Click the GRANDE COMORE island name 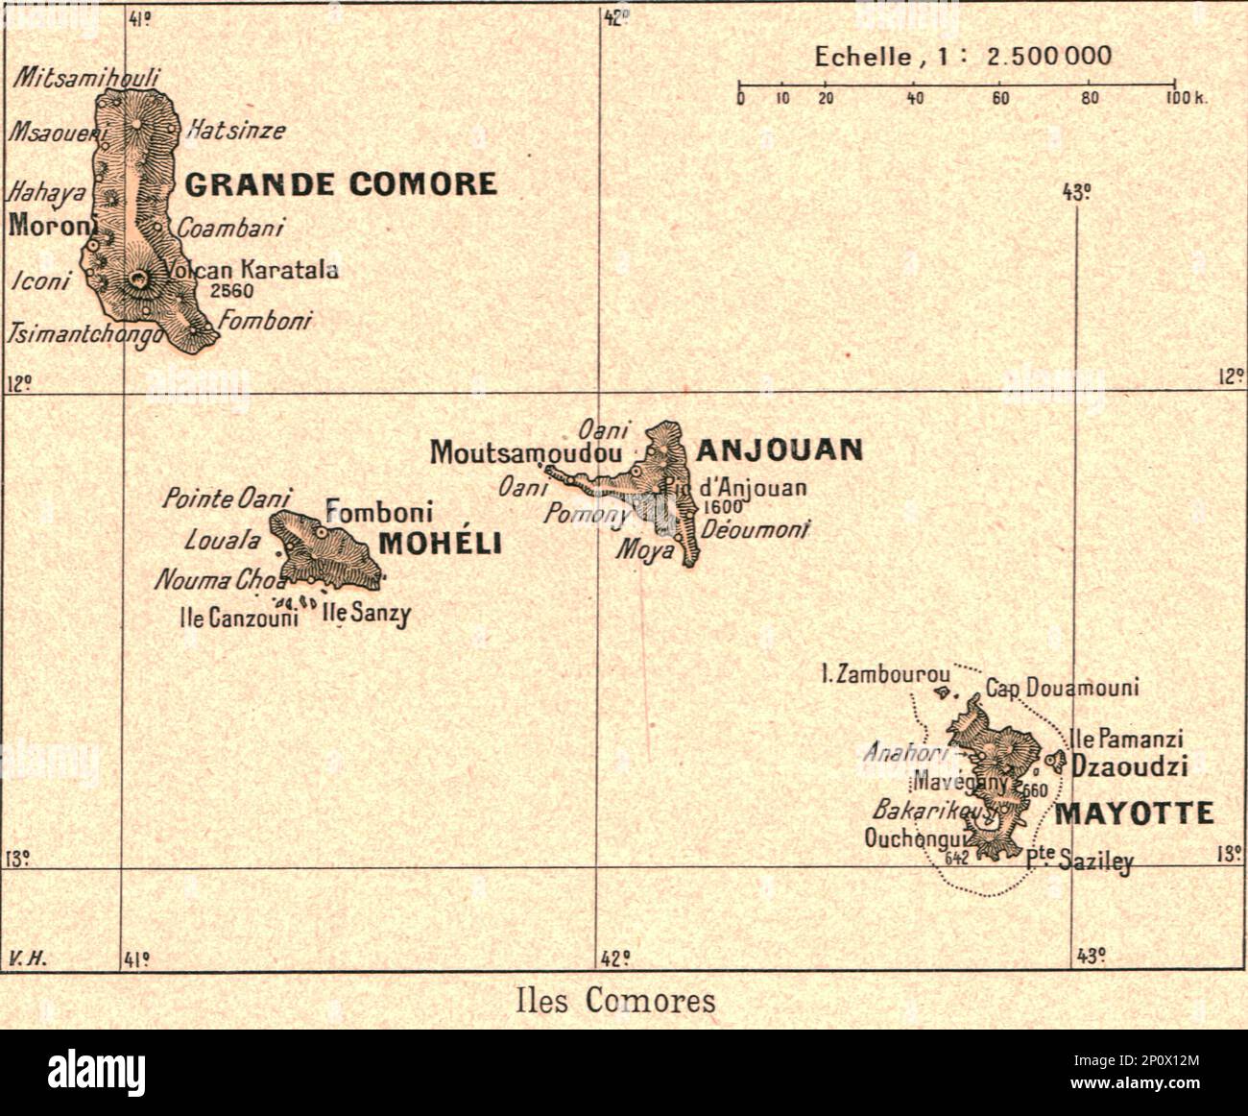(341, 183)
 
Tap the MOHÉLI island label (441, 544)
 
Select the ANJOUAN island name (780, 449)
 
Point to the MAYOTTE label (1135, 814)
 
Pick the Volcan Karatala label (252, 270)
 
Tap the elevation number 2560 (232, 290)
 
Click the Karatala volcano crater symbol (140, 280)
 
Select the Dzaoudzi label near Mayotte (1130, 766)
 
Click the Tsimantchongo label (84, 334)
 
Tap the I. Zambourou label (885, 674)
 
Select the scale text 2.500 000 (1049, 56)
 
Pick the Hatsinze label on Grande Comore (236, 130)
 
